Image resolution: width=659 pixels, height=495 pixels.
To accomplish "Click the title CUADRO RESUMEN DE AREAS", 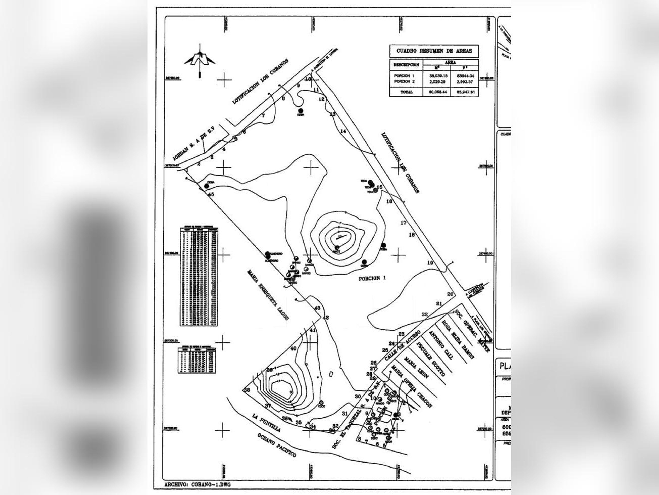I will pos(434,51).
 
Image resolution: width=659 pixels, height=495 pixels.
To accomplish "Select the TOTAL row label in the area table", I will pos(406,92).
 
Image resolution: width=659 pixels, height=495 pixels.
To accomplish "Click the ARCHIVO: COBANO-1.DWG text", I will pos(197,485).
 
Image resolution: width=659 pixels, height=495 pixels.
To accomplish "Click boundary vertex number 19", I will pos(430,263).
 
